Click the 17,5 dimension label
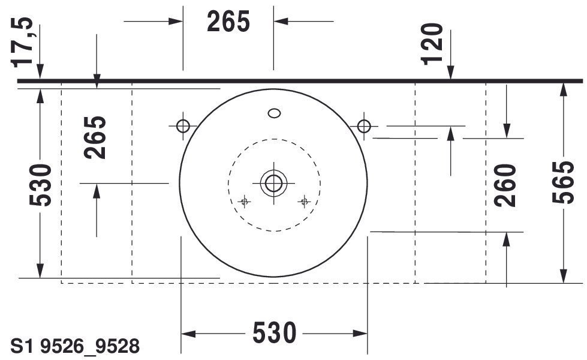pos(22,43)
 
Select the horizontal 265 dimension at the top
pos(228,22)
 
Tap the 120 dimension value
pos(432,44)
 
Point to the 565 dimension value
pos(564,182)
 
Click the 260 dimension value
pos(505,185)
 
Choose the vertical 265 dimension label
pos(95,137)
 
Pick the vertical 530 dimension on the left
pos(40,185)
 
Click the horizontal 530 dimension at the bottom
pos(275,332)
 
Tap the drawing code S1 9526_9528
pos(75,346)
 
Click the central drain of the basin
pos(273,183)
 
